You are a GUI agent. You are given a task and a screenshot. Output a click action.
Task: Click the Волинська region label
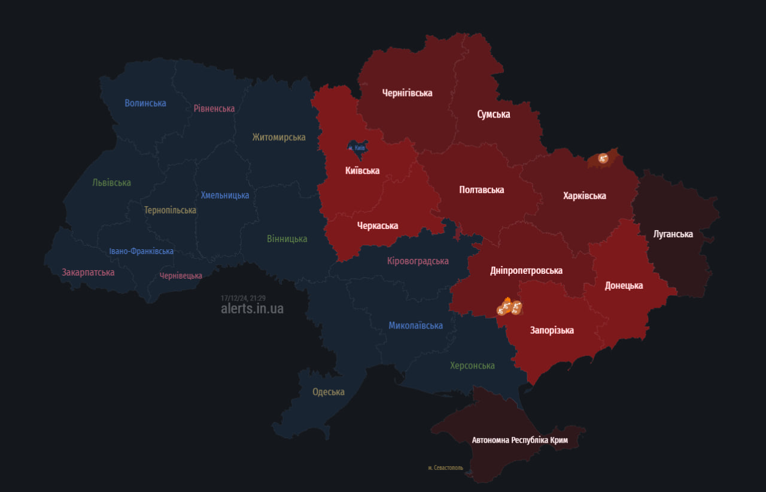[145, 103]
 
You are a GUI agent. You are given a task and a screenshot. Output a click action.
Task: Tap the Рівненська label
[214, 108]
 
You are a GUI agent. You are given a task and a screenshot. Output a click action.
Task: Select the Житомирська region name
[279, 137]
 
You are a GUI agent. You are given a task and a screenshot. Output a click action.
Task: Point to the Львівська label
[112, 183]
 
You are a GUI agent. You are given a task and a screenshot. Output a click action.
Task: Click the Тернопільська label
[170, 210]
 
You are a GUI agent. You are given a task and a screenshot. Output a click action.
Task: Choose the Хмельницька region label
[225, 195]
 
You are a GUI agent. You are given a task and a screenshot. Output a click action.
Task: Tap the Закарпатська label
[88, 272]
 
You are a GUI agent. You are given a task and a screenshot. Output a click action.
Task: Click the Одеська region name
[329, 392]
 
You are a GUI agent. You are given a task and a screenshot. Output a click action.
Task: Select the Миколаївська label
[416, 325]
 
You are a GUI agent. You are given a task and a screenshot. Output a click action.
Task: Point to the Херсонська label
[473, 366]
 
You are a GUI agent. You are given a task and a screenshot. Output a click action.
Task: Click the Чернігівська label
[408, 93]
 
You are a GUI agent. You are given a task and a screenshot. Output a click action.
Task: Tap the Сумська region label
[494, 114]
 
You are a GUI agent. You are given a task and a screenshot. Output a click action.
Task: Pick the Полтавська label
[482, 190]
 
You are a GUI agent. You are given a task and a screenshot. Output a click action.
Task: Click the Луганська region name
[673, 234]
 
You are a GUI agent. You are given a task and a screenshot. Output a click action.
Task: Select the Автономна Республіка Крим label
[520, 440]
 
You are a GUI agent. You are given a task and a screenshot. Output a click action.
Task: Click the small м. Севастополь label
[446, 468]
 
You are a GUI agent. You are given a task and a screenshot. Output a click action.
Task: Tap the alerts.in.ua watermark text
[252, 309]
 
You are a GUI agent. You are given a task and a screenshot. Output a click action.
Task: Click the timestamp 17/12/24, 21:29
[243, 298]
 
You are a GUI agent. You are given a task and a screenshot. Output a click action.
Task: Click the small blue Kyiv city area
[358, 146]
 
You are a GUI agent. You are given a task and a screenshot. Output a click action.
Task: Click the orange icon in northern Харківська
[603, 159]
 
